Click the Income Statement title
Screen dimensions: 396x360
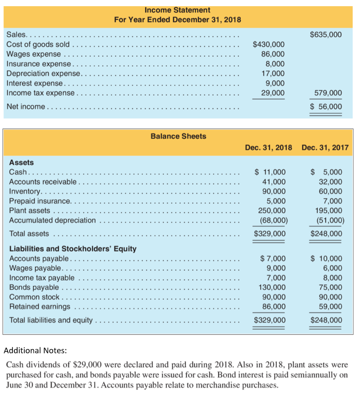click(178, 10)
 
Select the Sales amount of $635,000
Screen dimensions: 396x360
click(326, 35)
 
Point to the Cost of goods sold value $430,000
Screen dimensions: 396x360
click(268, 45)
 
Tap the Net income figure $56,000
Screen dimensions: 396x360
click(326, 106)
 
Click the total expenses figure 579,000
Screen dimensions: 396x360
click(329, 93)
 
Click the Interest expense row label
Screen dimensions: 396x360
click(35, 83)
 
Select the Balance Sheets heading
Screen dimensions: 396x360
click(178, 136)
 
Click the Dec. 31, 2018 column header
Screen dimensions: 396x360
click(268, 148)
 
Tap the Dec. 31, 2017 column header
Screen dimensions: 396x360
click(325, 148)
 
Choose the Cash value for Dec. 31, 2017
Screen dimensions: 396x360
click(327, 172)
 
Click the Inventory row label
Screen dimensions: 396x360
click(25, 191)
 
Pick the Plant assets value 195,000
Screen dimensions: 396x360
click(329, 211)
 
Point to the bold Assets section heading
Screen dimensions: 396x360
click(21, 162)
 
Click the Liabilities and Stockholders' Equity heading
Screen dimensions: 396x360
click(72, 249)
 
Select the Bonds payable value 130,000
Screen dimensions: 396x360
click(272, 287)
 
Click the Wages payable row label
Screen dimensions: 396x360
click(35, 268)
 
